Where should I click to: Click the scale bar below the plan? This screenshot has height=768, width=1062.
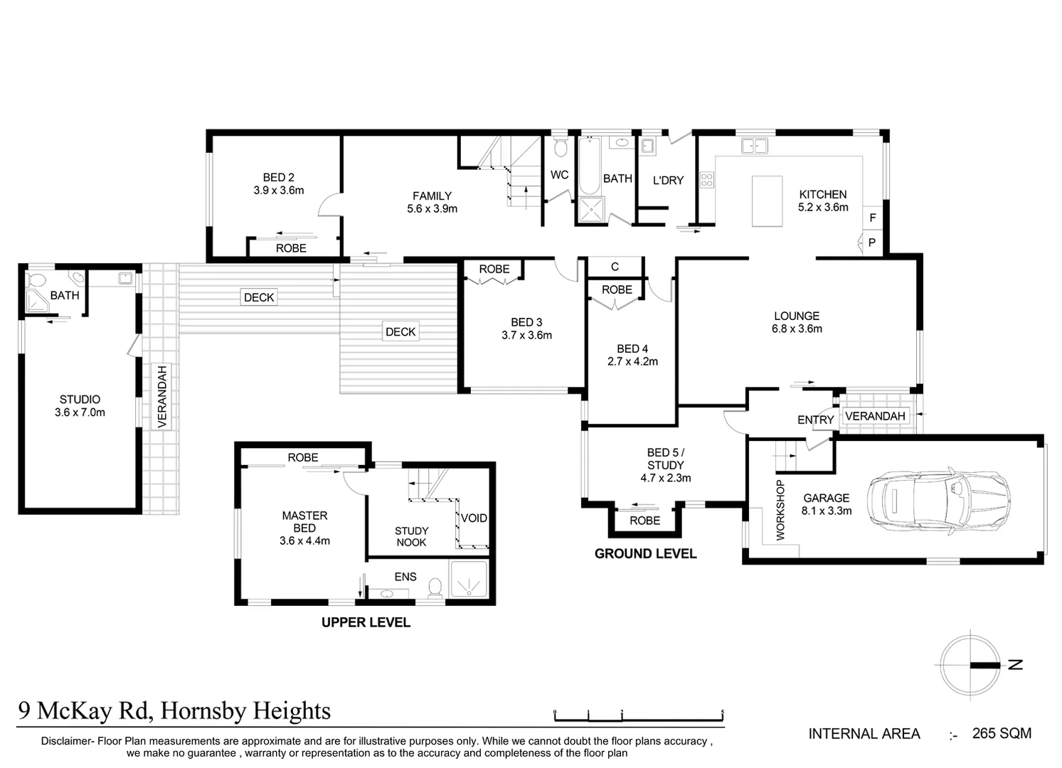coord(638,714)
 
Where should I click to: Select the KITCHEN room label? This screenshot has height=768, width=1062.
coord(823,194)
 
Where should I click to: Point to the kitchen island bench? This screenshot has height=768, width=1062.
coord(767,201)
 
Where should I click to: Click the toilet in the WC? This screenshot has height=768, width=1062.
coord(560,148)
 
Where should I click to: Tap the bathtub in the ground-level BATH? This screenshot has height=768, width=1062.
coord(590,166)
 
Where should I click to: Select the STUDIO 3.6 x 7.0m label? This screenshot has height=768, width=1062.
coord(80,406)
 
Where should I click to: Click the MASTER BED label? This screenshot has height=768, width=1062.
coord(304,522)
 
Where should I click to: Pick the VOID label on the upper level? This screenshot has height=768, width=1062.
coord(474,518)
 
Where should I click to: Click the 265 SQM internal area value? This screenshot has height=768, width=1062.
coord(1002,733)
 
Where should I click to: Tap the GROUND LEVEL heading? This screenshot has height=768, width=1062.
coord(645,553)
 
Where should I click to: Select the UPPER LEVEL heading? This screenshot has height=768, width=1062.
coord(366,622)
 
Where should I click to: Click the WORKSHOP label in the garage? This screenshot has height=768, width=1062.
coord(780,510)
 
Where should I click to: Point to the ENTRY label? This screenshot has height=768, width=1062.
coord(815,420)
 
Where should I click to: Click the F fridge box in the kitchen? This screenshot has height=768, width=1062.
coord(873,218)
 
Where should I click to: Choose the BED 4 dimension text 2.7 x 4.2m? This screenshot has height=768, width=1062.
coord(632,361)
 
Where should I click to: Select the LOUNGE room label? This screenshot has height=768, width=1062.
coord(797,316)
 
